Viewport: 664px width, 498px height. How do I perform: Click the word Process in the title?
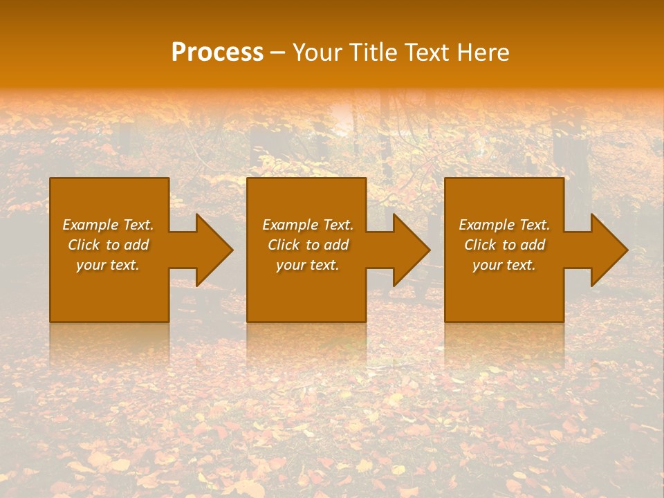coord(217,53)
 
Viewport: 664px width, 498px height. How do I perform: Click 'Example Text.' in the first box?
coord(108,225)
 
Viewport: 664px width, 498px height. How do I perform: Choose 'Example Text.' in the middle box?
coord(308,225)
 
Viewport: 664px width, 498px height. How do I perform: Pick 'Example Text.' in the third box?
coord(504,225)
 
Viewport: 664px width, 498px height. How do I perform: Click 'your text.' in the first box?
coord(108,265)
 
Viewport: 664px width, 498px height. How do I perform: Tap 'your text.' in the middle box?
coord(308,265)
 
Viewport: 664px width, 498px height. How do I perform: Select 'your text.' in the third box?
coord(504,265)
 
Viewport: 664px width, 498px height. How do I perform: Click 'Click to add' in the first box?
coord(108,245)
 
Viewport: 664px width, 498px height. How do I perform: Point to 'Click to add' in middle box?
coord(308,245)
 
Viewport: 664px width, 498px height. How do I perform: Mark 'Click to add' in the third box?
coord(504,245)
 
